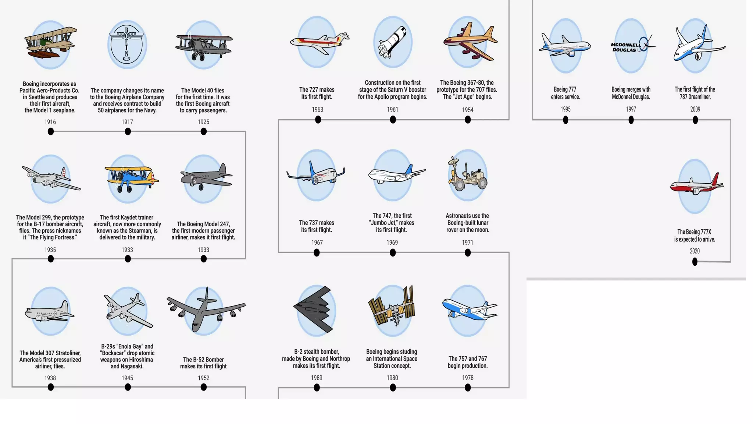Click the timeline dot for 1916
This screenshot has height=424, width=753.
click(51, 131)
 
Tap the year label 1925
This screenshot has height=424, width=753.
click(203, 122)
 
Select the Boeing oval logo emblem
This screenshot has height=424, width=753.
click(127, 45)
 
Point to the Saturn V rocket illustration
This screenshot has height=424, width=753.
click(393, 42)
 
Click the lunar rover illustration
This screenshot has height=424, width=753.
click(467, 174)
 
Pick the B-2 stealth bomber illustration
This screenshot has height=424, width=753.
click(315, 310)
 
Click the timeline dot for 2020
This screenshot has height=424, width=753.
click(695, 262)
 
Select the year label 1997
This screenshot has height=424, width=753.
click(631, 109)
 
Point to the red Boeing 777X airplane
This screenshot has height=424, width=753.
click(696, 185)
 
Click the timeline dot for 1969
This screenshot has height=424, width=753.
click(393, 252)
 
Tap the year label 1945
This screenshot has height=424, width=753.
click(127, 378)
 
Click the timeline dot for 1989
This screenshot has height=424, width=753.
click(317, 387)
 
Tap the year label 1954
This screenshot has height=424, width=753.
click(468, 110)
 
